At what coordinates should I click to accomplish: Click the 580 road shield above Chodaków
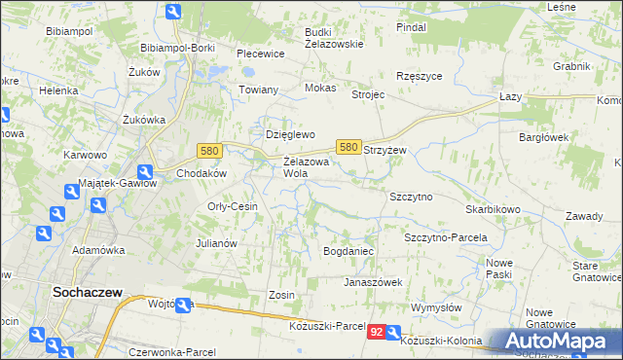point(208,151)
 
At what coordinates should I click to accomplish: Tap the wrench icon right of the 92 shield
point(393,333)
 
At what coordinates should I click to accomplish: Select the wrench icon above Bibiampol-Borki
point(173,13)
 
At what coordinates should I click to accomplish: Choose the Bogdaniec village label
point(348,251)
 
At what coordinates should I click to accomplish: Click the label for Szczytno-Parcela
point(445,237)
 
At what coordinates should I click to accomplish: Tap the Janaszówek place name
point(373,282)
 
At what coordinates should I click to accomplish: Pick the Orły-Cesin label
point(232,206)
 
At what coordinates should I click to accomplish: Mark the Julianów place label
point(217,243)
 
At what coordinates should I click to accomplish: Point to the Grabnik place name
point(571,66)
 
